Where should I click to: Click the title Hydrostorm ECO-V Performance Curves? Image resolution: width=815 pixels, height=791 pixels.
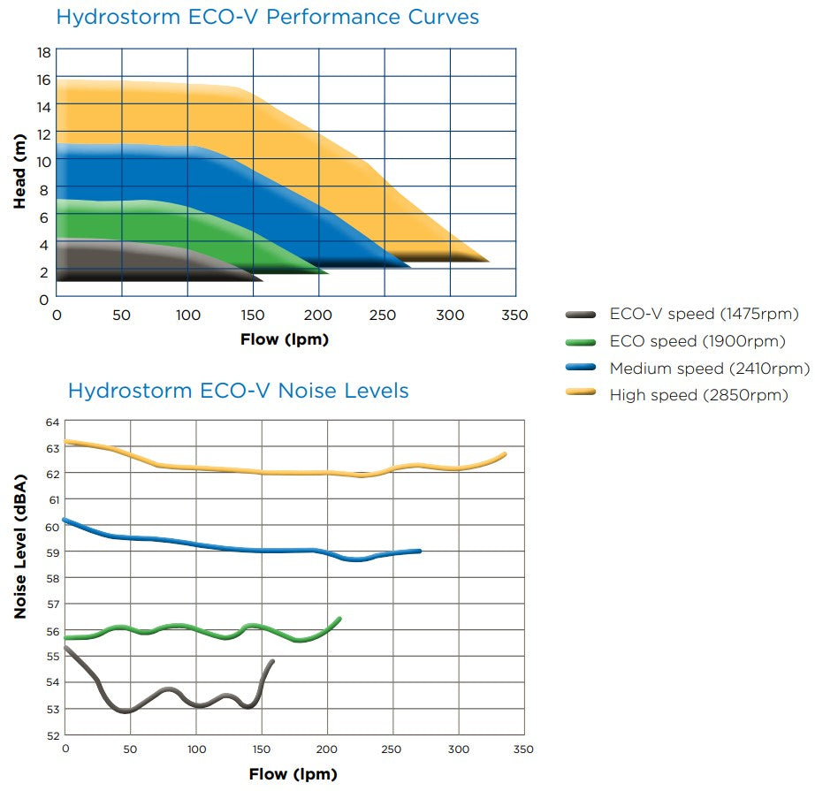(267, 17)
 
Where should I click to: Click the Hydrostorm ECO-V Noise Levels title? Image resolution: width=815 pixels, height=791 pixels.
(238, 390)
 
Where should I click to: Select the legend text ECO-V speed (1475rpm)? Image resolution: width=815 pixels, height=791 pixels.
(704, 314)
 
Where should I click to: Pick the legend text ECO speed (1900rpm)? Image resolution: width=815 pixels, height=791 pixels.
(697, 341)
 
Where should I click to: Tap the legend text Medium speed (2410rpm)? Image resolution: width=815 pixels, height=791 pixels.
(709, 369)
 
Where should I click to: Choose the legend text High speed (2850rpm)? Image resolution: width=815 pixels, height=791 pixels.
(698, 395)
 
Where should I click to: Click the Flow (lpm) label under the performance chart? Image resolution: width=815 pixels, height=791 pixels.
(284, 339)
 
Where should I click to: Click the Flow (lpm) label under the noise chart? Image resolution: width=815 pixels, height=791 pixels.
(293, 774)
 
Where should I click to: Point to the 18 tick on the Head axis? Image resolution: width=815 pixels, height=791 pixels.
(42, 52)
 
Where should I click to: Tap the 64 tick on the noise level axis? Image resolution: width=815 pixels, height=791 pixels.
(51, 422)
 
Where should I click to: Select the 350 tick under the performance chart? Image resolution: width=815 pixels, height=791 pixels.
(514, 316)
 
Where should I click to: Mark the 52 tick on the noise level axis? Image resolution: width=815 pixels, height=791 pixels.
(51, 734)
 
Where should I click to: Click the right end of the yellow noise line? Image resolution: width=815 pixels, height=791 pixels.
(505, 454)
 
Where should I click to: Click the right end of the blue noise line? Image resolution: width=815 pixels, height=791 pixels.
(419, 551)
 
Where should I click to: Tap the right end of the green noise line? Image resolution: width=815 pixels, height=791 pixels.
(339, 619)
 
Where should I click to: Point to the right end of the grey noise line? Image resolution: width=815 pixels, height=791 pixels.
(271, 661)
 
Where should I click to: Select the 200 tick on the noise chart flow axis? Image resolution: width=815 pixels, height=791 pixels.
(327, 749)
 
